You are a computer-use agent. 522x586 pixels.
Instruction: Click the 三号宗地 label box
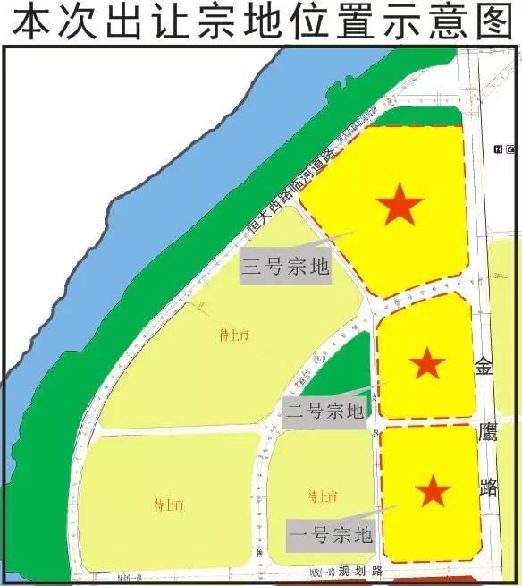[x=286, y=267]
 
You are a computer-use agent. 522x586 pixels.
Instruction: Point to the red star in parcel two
[x=426, y=363]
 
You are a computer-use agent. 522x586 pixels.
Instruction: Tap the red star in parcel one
[x=434, y=490]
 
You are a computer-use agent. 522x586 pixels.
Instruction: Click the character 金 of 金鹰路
[x=484, y=367]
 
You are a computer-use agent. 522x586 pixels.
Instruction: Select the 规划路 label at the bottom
[x=364, y=571]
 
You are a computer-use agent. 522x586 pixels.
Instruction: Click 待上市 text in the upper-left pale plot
[x=234, y=336]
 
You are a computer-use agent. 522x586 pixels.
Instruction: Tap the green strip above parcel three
[x=420, y=116]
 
